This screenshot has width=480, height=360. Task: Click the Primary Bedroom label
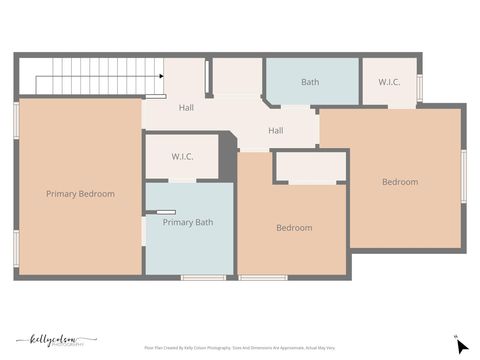coord(80,194)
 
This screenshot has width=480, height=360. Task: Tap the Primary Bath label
coord(188,222)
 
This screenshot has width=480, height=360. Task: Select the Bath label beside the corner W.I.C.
coord(310,82)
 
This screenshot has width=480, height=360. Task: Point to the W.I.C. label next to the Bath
coord(389,82)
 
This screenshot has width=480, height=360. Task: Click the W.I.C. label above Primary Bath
coord(182,157)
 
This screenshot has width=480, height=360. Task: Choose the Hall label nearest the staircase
coord(187,107)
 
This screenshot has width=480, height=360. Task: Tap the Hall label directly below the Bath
coord(276,130)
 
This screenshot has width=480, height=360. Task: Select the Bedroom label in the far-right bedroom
coord(400,182)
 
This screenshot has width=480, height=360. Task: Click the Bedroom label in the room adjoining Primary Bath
coord(294,228)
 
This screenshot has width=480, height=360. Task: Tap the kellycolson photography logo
coord(56,340)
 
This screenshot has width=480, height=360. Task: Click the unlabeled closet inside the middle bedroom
coord(310,167)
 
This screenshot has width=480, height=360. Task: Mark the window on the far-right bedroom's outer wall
coord(463,176)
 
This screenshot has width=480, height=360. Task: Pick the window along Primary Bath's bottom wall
coord(203,277)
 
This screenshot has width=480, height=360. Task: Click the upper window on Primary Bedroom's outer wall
coord(16,118)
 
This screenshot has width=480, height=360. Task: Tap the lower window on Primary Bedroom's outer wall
coord(16,248)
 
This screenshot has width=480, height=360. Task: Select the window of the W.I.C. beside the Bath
coord(419,87)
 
